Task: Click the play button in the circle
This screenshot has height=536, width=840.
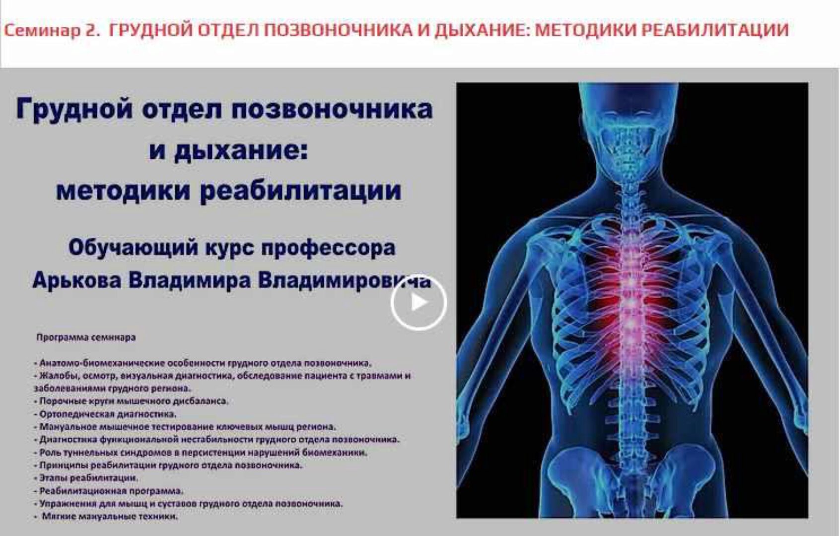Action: (x=419, y=302)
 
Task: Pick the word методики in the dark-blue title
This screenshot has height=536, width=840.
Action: (x=123, y=191)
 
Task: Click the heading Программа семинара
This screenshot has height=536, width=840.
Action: (x=86, y=337)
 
